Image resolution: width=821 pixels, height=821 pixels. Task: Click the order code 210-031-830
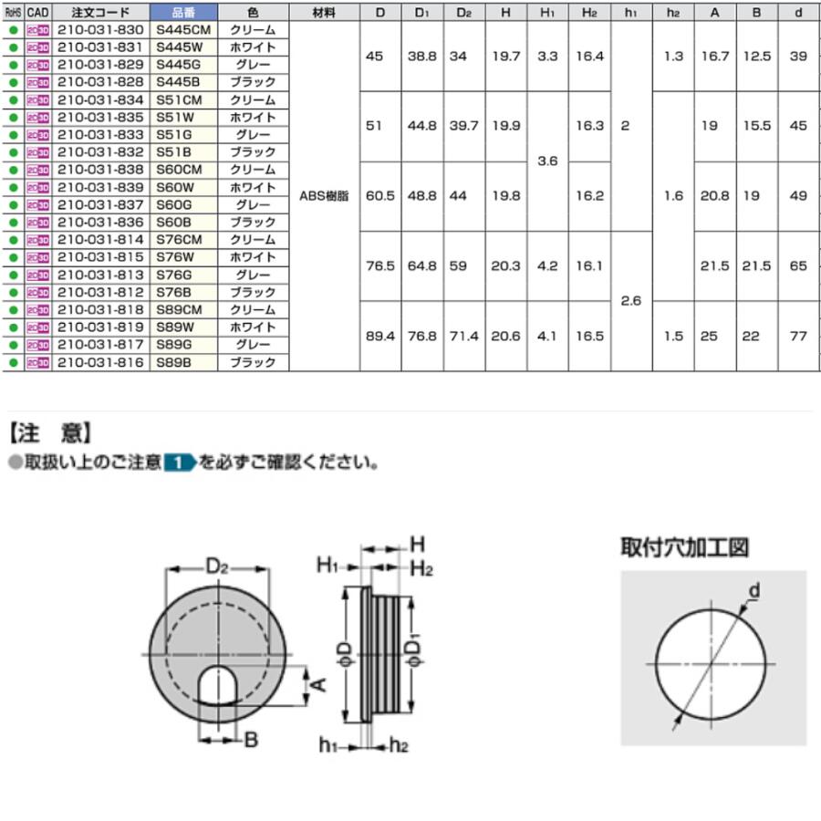coord(100,30)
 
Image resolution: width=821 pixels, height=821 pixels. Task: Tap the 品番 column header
coord(183,12)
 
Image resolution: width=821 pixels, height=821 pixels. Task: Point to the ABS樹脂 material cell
coord(324,196)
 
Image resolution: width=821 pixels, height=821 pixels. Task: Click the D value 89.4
coord(380,336)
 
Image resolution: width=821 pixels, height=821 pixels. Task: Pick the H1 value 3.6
coord(547,161)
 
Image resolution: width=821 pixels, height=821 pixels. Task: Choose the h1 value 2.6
coord(631,301)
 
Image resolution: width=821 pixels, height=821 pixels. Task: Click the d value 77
coord(798,336)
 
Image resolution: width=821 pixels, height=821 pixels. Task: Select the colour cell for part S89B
coord(253,362)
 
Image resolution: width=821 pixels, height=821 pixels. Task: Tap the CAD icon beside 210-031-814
coord(37,240)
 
